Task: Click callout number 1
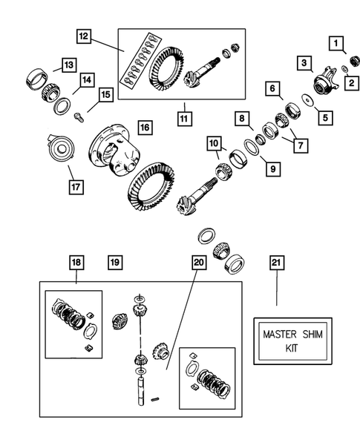pyautogui.click(x=338, y=44)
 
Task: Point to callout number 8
pyautogui.click(x=242, y=118)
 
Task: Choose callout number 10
pyautogui.click(x=214, y=142)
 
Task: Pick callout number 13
pyautogui.click(x=68, y=65)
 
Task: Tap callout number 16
pyautogui.click(x=144, y=128)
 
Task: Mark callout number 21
pyautogui.click(x=276, y=262)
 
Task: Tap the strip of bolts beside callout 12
pyautogui.click(x=139, y=68)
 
